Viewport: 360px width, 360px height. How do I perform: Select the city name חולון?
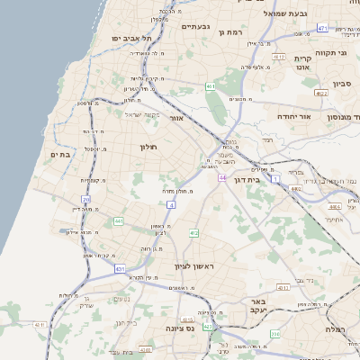tap(148, 147)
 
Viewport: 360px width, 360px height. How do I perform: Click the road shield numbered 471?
tap(322, 29)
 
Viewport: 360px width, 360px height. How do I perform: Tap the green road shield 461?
tap(209, 86)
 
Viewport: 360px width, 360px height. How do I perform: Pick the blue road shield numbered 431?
tap(121, 268)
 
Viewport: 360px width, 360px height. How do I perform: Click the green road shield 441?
tap(118, 220)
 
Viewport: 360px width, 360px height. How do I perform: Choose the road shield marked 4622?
tap(321, 92)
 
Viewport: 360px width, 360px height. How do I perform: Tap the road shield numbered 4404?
tap(335, 206)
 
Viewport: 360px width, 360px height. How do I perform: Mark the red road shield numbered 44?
tap(221, 178)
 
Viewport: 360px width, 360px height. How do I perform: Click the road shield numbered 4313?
tap(283, 287)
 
